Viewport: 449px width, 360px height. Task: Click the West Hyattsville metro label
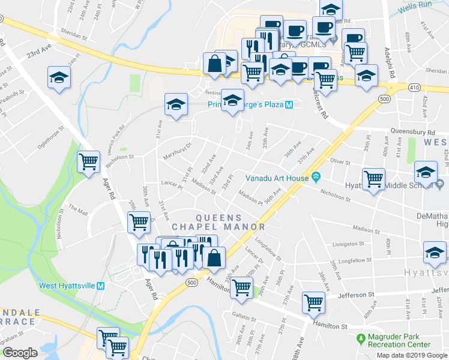pyautogui.click(x=67, y=286)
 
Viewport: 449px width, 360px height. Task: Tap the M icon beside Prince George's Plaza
pyautogui.click(x=288, y=104)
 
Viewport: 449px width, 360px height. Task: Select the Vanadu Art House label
pyautogui.click(x=277, y=178)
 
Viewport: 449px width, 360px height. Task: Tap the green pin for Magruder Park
pyautogui.click(x=360, y=340)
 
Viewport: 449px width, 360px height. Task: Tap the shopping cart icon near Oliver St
pyautogui.click(x=373, y=178)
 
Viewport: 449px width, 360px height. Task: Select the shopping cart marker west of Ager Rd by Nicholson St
pyautogui.click(x=88, y=161)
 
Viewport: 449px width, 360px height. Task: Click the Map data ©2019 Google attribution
pyautogui.click(x=412, y=355)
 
